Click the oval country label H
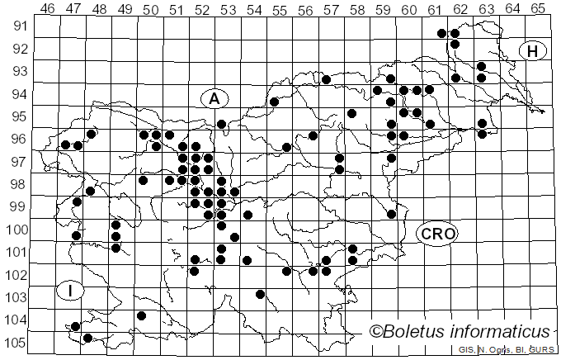click(x=533, y=51)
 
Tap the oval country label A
click(x=214, y=98)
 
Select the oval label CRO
click(x=437, y=234)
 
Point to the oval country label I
click(x=71, y=291)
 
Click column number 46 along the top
click(x=47, y=8)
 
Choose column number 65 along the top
click(x=538, y=8)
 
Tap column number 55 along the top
click(x=280, y=8)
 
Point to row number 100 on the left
click(x=16, y=230)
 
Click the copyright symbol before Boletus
click(x=375, y=332)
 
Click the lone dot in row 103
click(x=261, y=294)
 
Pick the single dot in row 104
click(x=141, y=315)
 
